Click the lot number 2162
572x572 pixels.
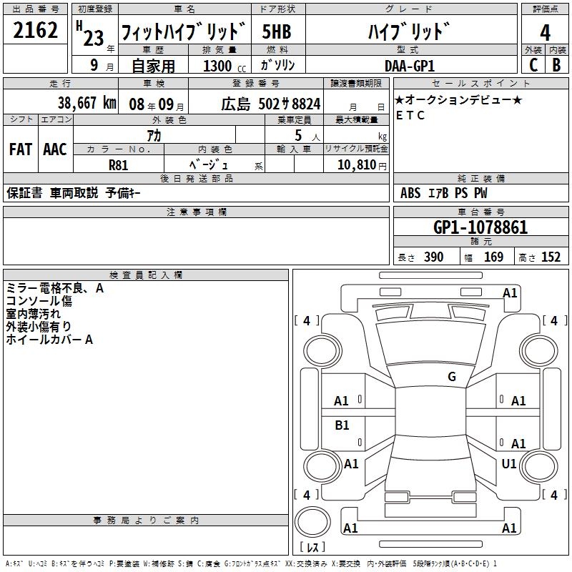[35, 30]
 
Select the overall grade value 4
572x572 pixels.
[545, 33]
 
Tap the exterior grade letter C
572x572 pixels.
[533, 65]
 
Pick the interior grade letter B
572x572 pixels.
[556, 65]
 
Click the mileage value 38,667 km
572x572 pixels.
[87, 103]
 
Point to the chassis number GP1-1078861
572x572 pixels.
[480, 227]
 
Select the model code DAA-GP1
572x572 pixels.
[410, 66]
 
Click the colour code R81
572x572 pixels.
[118, 165]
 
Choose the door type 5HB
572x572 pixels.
[277, 31]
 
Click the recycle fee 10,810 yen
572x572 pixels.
[362, 165]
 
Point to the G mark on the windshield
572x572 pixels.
[452, 377]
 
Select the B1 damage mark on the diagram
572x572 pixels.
[342, 425]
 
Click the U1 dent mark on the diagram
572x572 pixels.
[509, 463]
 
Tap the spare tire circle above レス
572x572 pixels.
[312, 522]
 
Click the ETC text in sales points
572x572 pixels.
[410, 115]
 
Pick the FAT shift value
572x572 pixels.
[21, 149]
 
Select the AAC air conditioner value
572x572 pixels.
[55, 149]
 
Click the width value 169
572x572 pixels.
[493, 257]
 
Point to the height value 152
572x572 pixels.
[551, 257]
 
